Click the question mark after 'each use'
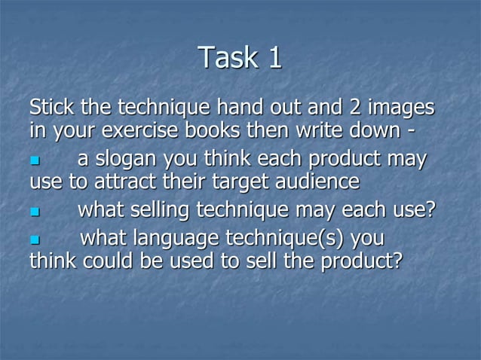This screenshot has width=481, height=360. (429, 209)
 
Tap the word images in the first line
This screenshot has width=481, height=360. (402, 108)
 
